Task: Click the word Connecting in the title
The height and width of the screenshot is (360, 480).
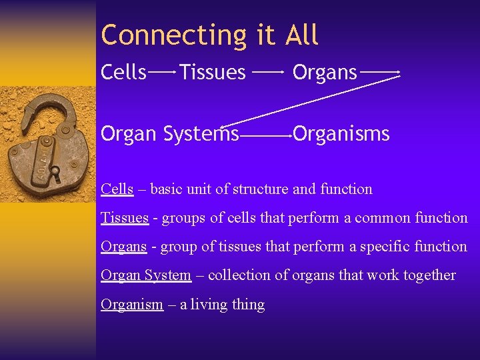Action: click(x=175, y=35)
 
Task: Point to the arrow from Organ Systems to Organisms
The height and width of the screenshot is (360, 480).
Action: click(x=265, y=135)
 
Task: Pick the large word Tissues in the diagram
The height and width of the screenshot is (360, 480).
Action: click(x=213, y=72)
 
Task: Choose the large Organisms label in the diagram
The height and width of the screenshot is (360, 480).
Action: click(x=341, y=134)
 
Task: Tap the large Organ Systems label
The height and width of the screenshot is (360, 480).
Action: click(x=169, y=134)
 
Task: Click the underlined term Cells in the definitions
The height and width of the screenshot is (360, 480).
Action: click(x=117, y=189)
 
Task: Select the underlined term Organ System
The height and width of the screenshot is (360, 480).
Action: click(x=145, y=275)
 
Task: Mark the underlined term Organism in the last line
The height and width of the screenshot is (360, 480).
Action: click(x=131, y=305)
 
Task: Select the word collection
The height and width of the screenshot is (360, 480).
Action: click(x=239, y=275)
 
